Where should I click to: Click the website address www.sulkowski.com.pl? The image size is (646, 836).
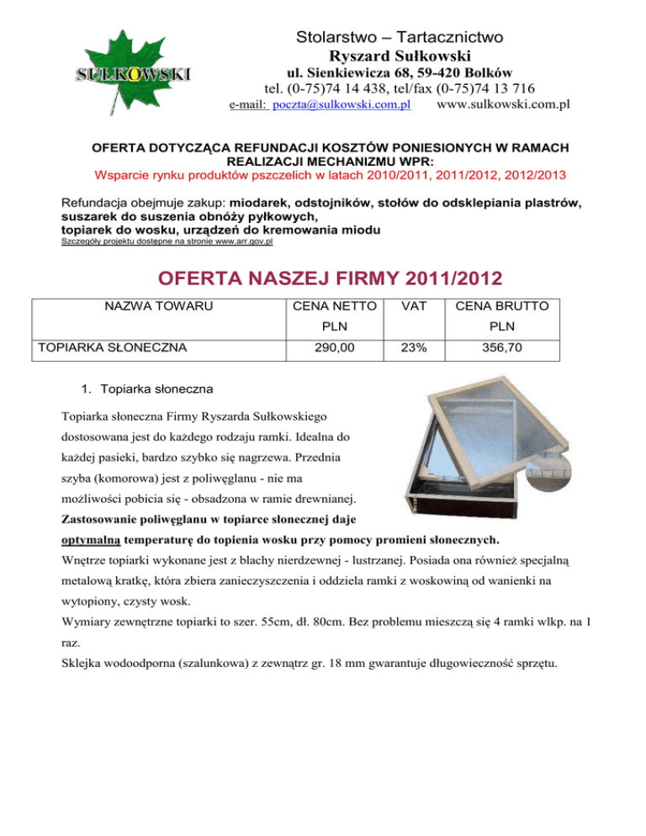click(504, 104)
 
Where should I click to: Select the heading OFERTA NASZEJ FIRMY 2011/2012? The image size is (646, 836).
click(322, 277)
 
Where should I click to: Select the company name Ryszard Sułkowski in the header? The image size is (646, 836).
click(400, 56)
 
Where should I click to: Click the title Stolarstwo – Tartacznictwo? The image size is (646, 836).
click(400, 37)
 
